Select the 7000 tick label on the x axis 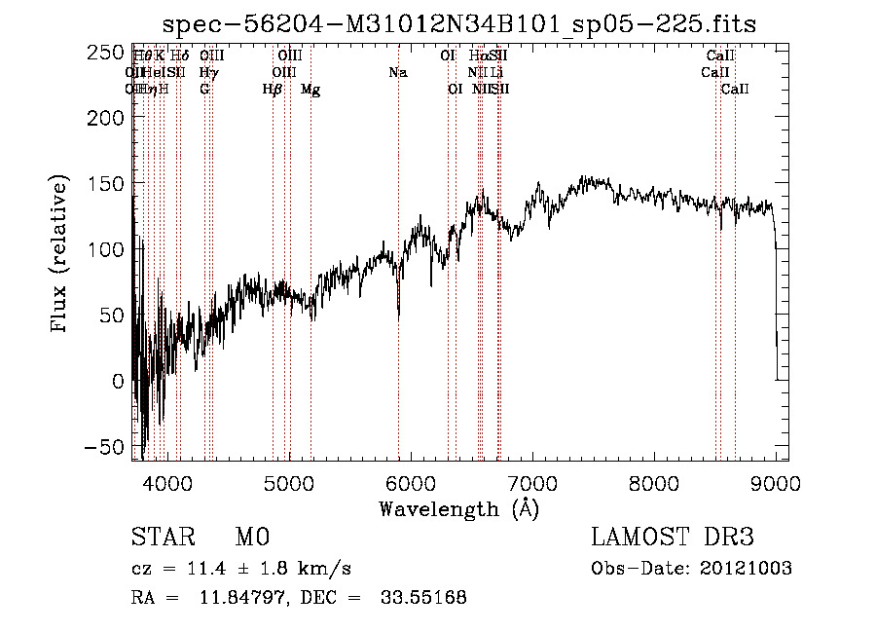click(x=532, y=481)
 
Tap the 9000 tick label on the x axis click(x=776, y=481)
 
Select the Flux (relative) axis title click(x=60, y=255)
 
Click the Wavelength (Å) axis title click(x=458, y=508)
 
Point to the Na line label click(x=397, y=73)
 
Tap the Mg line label click(x=310, y=90)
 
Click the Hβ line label click(x=273, y=90)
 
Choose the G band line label click(x=204, y=90)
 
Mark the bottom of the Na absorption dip click(x=398, y=317)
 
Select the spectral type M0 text click(x=251, y=538)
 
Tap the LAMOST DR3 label click(x=672, y=538)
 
